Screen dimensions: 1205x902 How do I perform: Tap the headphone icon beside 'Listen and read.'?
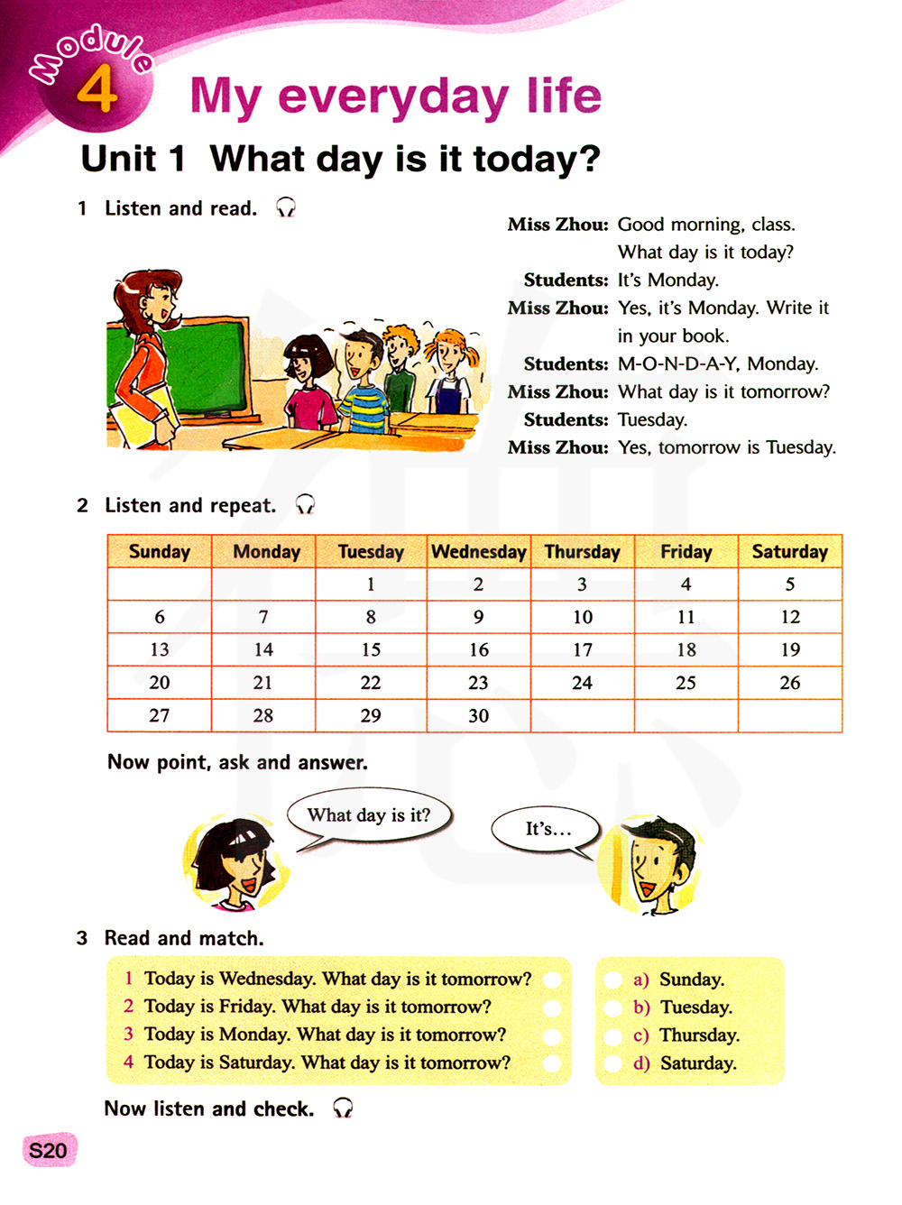coord(286,208)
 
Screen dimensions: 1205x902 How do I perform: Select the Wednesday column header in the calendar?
coord(478,552)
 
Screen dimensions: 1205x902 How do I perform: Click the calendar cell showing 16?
coord(478,649)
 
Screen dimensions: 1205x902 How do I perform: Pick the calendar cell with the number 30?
coord(478,715)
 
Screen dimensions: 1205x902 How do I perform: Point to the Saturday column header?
coord(789,552)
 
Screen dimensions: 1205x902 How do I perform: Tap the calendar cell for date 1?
coord(371,584)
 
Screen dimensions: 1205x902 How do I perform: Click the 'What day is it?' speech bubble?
coord(369,816)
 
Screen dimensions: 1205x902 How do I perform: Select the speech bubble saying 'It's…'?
coord(547,828)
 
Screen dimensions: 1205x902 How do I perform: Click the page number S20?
coord(48,1151)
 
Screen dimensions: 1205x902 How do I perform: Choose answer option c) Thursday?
coord(698,1035)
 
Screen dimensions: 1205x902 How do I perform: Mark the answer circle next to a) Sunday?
coord(613,980)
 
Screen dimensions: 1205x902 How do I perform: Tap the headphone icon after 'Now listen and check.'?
coord(343,1108)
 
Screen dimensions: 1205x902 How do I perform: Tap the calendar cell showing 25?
coord(686,683)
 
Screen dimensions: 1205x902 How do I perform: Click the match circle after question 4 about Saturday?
coord(552,1063)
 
